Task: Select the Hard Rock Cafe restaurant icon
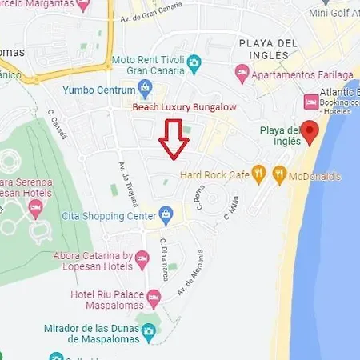[x=258, y=172]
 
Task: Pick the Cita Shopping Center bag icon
[x=166, y=214]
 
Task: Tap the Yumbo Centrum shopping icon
[x=145, y=87]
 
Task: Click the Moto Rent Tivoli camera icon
[x=194, y=62]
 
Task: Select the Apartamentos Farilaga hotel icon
[x=242, y=73]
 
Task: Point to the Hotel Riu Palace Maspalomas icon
[x=154, y=297]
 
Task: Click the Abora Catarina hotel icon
[x=142, y=258]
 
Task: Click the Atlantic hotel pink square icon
[x=312, y=102]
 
